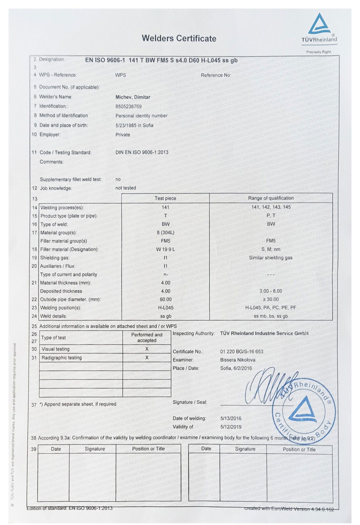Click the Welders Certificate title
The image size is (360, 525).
[x=179, y=38]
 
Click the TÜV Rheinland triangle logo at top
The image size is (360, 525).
[x=319, y=24]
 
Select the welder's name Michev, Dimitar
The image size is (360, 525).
[x=133, y=97]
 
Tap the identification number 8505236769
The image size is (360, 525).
[x=128, y=107]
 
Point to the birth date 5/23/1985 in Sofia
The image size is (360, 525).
[x=134, y=125]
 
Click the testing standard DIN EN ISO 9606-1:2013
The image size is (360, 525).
[x=142, y=152]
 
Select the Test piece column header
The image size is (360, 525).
[x=165, y=198]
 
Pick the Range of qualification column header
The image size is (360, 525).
[x=271, y=198]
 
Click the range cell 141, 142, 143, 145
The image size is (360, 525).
[x=271, y=207]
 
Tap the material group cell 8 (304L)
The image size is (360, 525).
[x=165, y=233]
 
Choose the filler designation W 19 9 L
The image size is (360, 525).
[x=165, y=249]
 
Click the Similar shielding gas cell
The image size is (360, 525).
[x=271, y=258]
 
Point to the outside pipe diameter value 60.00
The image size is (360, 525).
[x=165, y=299]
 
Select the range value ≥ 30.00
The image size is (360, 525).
[x=271, y=299]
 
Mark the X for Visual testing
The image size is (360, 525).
[x=147, y=349]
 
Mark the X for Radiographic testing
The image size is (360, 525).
[x=147, y=357]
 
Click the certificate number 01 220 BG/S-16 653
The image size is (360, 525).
[x=241, y=352]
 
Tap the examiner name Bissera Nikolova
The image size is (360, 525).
[x=237, y=360]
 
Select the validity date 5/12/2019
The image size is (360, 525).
[x=231, y=427]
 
